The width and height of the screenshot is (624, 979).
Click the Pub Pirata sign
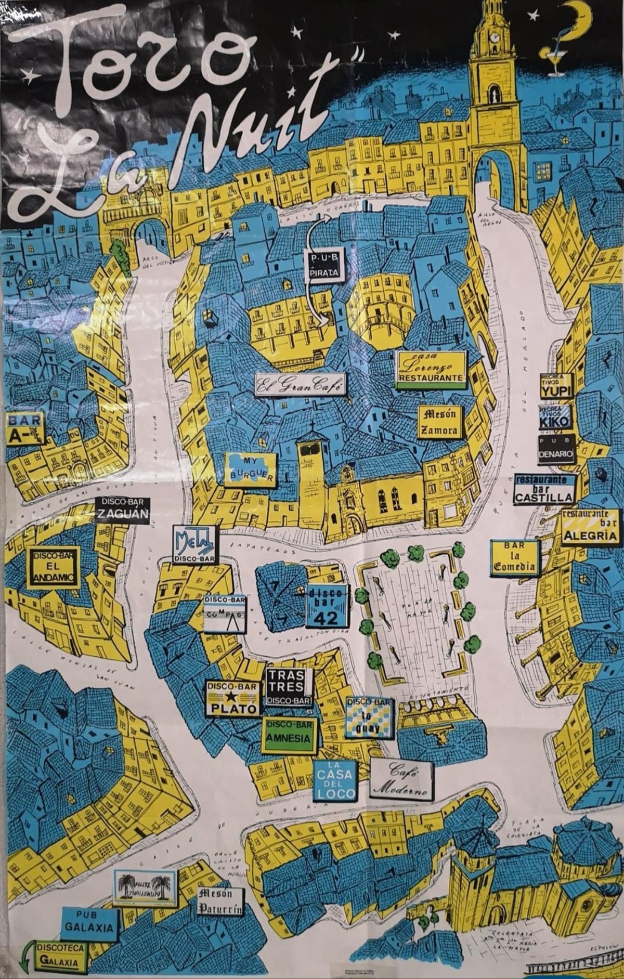[323, 265]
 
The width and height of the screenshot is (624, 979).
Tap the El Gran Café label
[301, 384]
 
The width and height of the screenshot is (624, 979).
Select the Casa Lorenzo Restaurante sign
[431, 370]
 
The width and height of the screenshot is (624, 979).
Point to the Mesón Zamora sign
[439, 422]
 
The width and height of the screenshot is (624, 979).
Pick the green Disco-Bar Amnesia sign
[289, 735]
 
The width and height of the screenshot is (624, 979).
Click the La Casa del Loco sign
[335, 780]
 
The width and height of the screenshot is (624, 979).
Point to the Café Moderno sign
[401, 779]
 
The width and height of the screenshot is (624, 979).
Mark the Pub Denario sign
[556, 449]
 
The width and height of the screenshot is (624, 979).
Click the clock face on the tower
[494, 37]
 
